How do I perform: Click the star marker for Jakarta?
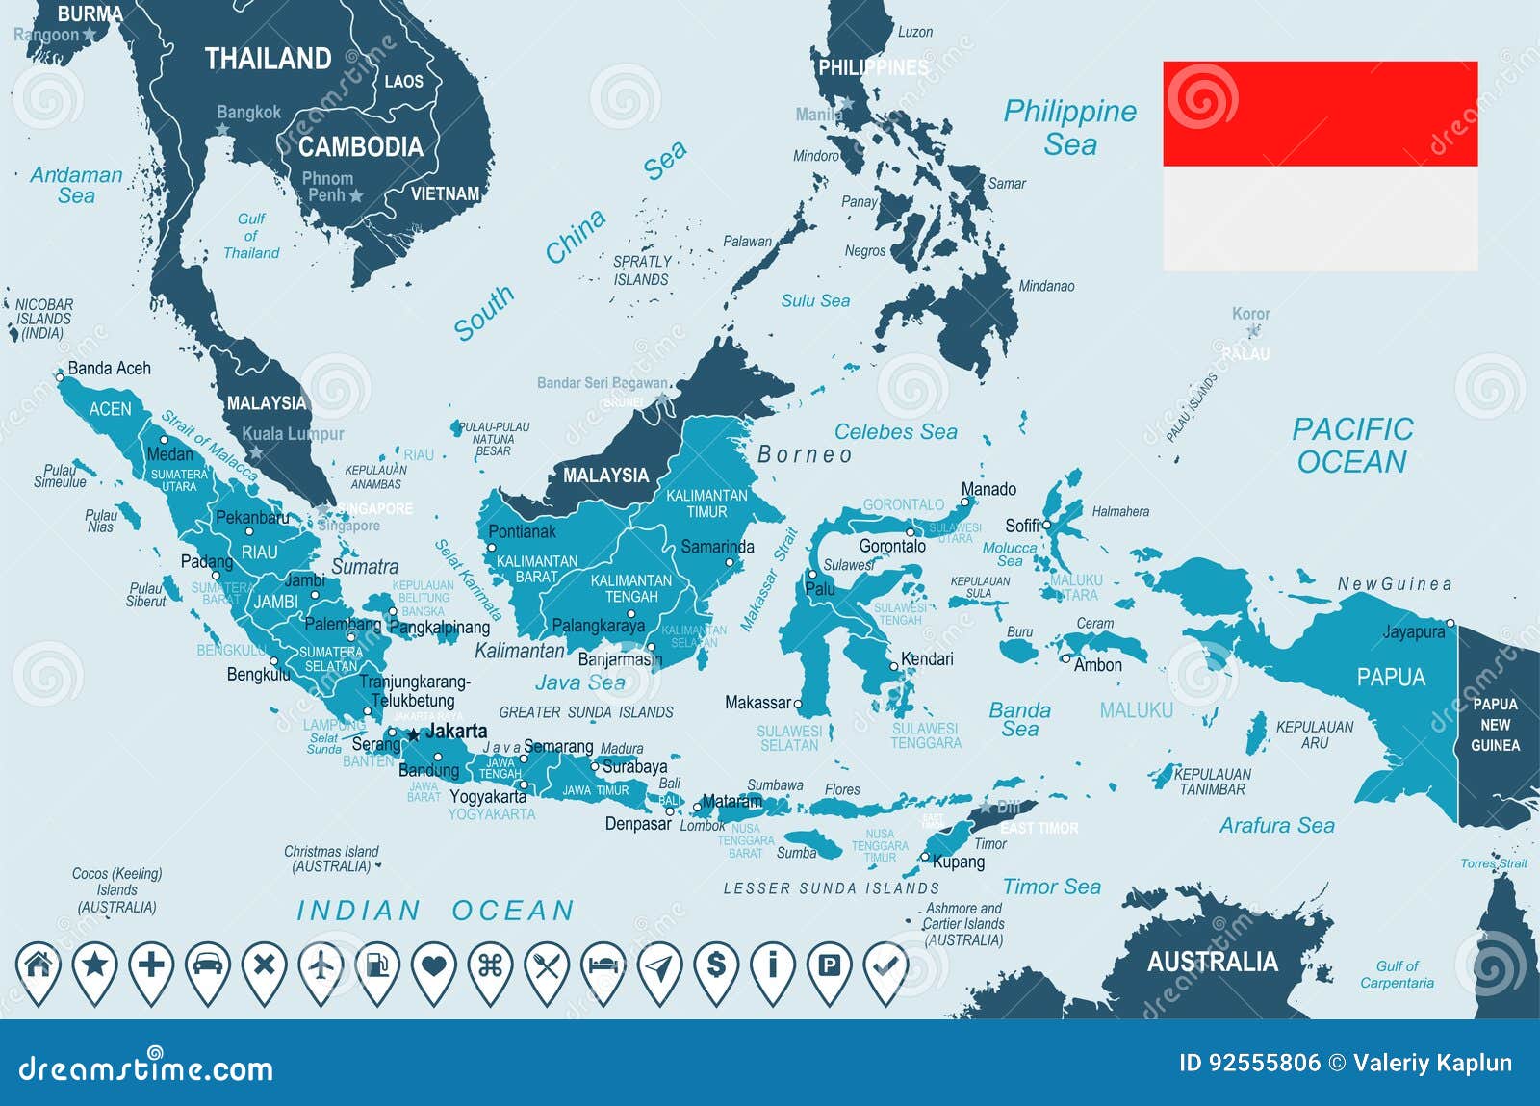[414, 733]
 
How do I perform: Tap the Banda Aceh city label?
[109, 368]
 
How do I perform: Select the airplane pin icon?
[321, 965]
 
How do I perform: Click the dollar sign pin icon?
[716, 965]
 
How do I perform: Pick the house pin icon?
[38, 965]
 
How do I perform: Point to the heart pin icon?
[434, 965]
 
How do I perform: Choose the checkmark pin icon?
[885, 965]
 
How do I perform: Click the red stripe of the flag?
[1320, 114]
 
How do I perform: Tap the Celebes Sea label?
[895, 432]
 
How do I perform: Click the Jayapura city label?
[1414, 631]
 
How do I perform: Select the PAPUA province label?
[1391, 677]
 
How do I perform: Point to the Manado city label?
[988, 489]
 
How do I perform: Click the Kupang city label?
[959, 862]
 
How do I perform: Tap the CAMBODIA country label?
[360, 146]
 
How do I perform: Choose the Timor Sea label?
[1051, 887]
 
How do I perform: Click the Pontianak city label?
[522, 531]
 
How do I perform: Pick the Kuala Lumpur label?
[293, 434]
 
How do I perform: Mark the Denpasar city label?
[638, 824]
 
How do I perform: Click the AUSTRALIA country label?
[1212, 962]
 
